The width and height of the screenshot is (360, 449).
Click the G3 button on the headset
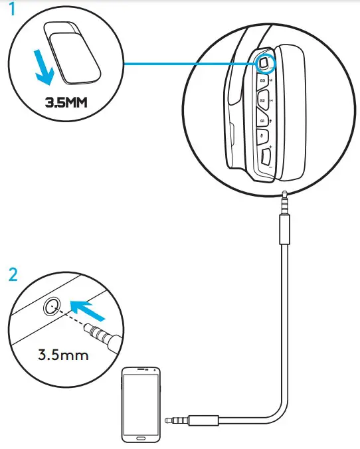point(263,80)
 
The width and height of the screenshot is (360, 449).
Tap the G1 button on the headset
point(263,120)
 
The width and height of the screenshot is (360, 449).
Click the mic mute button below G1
point(264,138)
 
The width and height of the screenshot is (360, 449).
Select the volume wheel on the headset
point(267,159)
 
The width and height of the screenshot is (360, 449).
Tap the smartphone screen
point(140,401)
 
